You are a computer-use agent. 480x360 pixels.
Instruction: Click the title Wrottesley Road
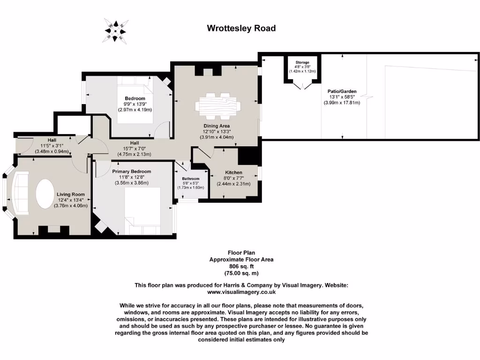pos(241,28)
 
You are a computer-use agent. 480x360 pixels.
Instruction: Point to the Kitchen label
pos(233,172)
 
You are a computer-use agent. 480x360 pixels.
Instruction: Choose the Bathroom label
pos(191,179)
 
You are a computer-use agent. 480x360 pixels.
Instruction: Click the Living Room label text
pos(71,194)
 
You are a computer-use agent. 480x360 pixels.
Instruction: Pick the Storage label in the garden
pos(302,62)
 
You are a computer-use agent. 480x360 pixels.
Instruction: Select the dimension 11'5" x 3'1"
pos(52,145)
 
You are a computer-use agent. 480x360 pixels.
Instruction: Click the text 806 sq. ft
pos(241,266)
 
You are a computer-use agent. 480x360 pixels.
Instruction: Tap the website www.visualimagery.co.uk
pos(241,292)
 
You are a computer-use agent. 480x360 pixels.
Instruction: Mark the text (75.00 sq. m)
pos(241,273)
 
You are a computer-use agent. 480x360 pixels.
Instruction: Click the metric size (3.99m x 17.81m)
pos(342,102)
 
